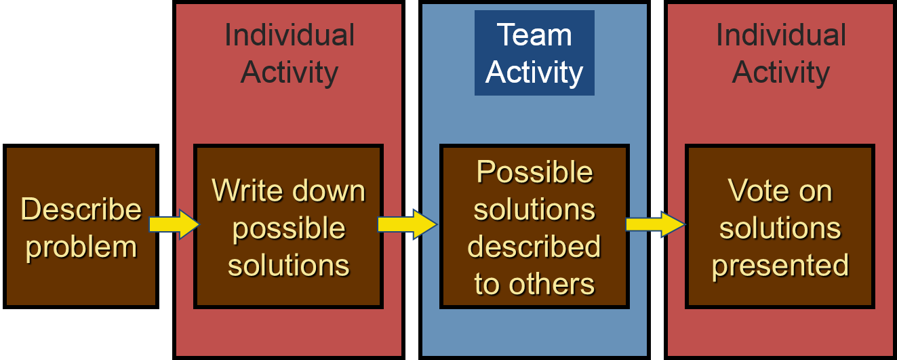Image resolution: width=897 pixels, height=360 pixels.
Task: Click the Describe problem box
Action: tap(81, 226)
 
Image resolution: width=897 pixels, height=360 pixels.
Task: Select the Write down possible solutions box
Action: tap(289, 226)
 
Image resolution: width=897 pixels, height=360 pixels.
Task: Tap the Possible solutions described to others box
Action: tap(534, 226)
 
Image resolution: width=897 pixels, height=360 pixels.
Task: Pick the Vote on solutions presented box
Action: tap(780, 226)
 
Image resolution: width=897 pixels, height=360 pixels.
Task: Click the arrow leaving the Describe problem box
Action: tap(174, 224)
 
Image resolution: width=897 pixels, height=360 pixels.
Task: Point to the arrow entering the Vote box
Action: tap(655, 224)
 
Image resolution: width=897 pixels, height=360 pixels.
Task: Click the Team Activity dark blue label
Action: tap(534, 53)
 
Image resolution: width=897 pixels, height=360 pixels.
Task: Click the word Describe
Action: tap(81, 209)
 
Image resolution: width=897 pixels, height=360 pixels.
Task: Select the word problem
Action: tap(81, 246)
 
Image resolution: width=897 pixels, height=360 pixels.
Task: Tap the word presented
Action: tap(780, 265)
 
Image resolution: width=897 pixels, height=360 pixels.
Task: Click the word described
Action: tap(534, 247)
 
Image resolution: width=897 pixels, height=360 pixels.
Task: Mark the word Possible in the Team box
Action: tap(534, 172)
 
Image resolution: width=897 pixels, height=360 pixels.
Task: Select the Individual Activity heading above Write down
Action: tap(289, 53)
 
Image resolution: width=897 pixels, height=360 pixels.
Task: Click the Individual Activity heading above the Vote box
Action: tap(780, 53)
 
